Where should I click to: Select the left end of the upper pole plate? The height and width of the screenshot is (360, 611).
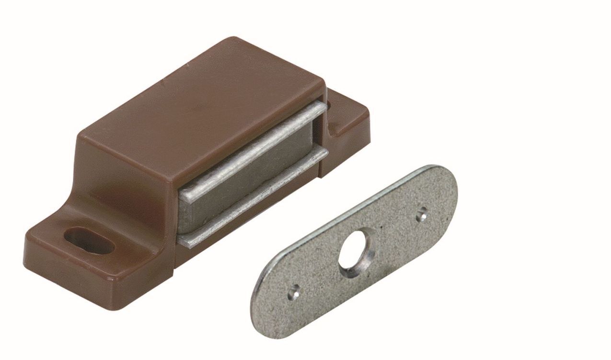point(184,194)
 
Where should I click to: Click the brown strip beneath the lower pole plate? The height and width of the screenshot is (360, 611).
point(249,225)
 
